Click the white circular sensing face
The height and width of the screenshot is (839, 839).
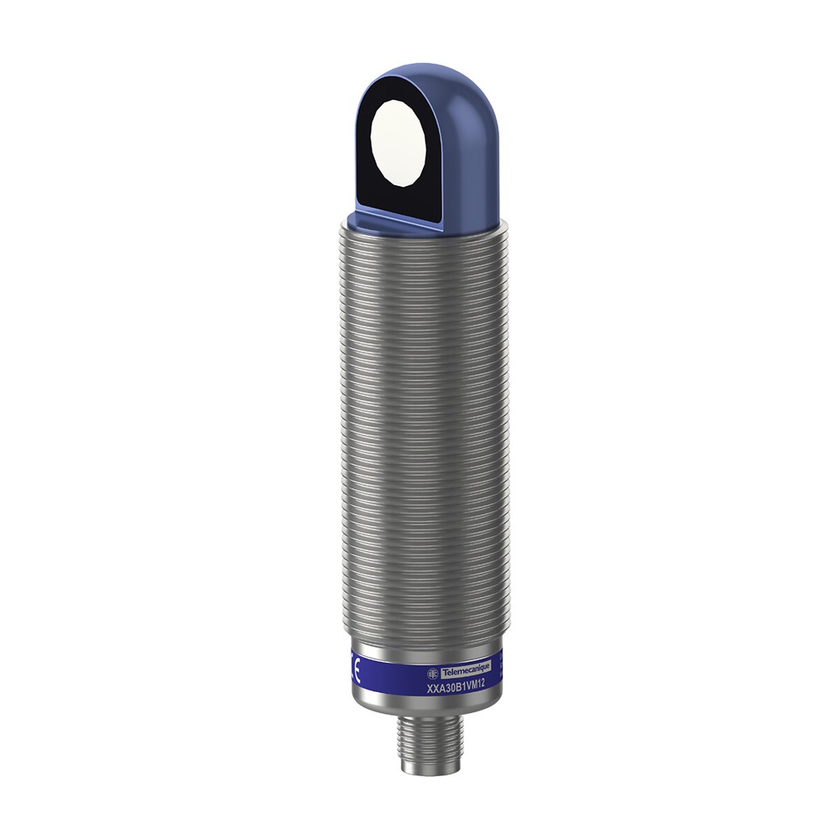pos(399,140)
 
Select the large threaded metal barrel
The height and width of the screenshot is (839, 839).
pos(419,419)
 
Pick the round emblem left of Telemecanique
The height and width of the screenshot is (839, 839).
pos(433,672)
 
